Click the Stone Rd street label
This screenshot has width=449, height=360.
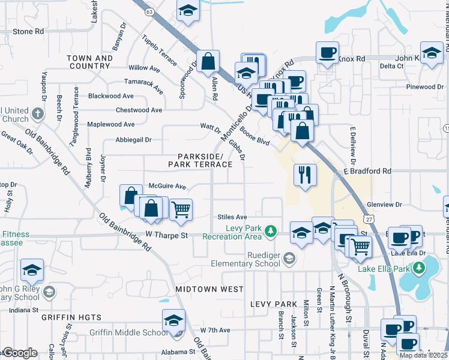(28, 31)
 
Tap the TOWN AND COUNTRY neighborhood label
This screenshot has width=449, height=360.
(90, 62)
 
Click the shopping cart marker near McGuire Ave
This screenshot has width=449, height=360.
(181, 209)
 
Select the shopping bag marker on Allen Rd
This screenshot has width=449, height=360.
(208, 61)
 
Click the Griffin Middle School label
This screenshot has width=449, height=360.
(128, 333)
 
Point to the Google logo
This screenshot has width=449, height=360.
(19, 353)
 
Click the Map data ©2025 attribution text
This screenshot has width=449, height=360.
(423, 355)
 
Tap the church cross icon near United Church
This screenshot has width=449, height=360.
(37, 113)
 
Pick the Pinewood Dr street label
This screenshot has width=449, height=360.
(424, 87)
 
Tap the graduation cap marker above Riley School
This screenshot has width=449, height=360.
(32, 271)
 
